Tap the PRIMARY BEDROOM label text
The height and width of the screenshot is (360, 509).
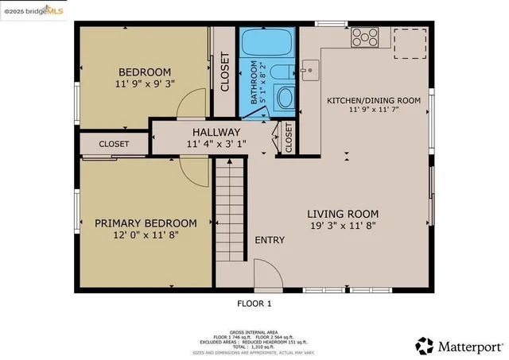click(x=146, y=223)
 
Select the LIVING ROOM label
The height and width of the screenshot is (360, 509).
click(x=343, y=214)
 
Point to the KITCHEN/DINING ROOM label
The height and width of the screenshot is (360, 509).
click(x=374, y=100)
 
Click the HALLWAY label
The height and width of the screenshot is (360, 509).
click(x=216, y=132)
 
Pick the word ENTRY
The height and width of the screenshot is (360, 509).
click(x=270, y=240)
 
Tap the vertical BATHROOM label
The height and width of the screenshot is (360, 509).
click(x=254, y=83)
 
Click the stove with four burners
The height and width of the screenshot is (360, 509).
click(x=365, y=37)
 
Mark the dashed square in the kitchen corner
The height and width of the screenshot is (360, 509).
click(x=411, y=43)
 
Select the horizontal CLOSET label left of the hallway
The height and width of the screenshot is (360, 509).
click(x=115, y=144)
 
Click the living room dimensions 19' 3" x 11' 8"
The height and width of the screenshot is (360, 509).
click(x=343, y=226)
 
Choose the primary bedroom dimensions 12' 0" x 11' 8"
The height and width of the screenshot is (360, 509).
click(x=146, y=236)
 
